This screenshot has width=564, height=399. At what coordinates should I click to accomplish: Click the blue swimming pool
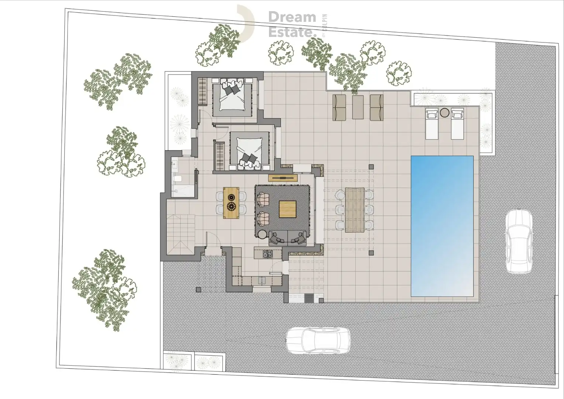point(442,226)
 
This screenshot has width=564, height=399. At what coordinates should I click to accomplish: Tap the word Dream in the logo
point(292,17)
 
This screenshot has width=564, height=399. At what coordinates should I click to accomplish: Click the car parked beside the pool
point(519,242)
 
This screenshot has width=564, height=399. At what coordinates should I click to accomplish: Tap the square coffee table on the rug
point(288,209)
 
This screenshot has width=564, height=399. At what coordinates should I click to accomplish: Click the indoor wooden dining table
point(231,203)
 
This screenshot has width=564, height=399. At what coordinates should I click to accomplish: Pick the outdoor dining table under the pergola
point(355,209)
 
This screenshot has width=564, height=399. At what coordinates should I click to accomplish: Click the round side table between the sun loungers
point(444,112)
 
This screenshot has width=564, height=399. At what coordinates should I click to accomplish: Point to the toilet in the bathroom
point(177,179)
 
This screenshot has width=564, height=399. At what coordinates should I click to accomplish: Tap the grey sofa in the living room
point(288,238)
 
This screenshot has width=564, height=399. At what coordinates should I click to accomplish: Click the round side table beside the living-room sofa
point(263,235)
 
